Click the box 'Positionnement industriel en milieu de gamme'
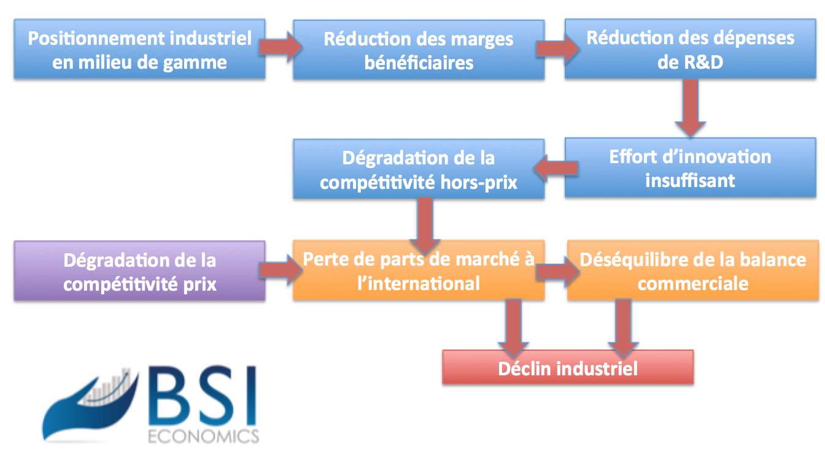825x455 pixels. point(140,50)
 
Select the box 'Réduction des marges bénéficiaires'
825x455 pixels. point(419,50)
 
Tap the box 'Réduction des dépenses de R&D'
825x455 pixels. point(691,49)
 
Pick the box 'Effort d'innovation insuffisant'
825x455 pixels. point(691,167)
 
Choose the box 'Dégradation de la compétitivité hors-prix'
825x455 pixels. point(419,169)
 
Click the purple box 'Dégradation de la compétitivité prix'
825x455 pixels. point(140,271)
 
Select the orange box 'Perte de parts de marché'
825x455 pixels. point(419,270)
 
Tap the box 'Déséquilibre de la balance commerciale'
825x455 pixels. point(692,270)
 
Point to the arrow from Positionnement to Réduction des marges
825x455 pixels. point(280,48)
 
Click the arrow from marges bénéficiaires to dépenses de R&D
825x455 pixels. point(555,48)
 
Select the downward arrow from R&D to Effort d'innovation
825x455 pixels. point(691,108)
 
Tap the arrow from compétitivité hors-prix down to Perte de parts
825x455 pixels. point(424,221)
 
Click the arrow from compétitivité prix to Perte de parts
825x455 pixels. point(280,270)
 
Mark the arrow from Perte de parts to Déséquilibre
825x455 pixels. point(555,270)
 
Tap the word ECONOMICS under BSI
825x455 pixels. point(203,436)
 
